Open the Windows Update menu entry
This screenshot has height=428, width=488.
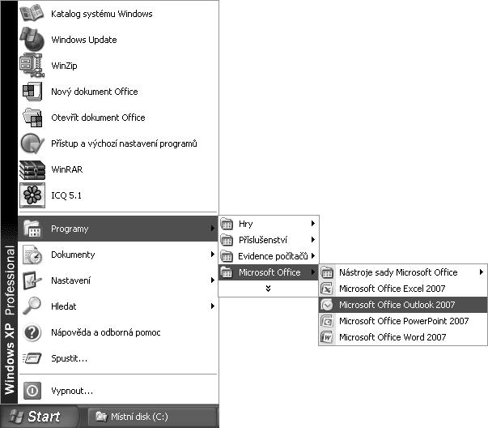83,40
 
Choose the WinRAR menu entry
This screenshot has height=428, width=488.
66,169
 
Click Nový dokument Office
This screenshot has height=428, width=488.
94,92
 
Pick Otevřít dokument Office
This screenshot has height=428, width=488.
97,118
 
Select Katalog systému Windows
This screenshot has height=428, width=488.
101,14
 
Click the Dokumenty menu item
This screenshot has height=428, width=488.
72,255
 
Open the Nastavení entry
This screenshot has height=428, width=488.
70,280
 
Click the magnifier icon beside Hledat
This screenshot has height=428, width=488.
32,306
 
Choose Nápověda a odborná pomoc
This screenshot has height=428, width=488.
105,332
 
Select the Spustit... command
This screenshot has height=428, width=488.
69,358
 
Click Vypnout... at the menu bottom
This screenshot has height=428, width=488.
71,390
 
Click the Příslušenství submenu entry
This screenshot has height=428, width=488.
264,240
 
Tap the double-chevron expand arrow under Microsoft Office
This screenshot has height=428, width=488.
268,289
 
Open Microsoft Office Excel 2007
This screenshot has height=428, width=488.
392,289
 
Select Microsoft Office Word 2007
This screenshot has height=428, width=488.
392,337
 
